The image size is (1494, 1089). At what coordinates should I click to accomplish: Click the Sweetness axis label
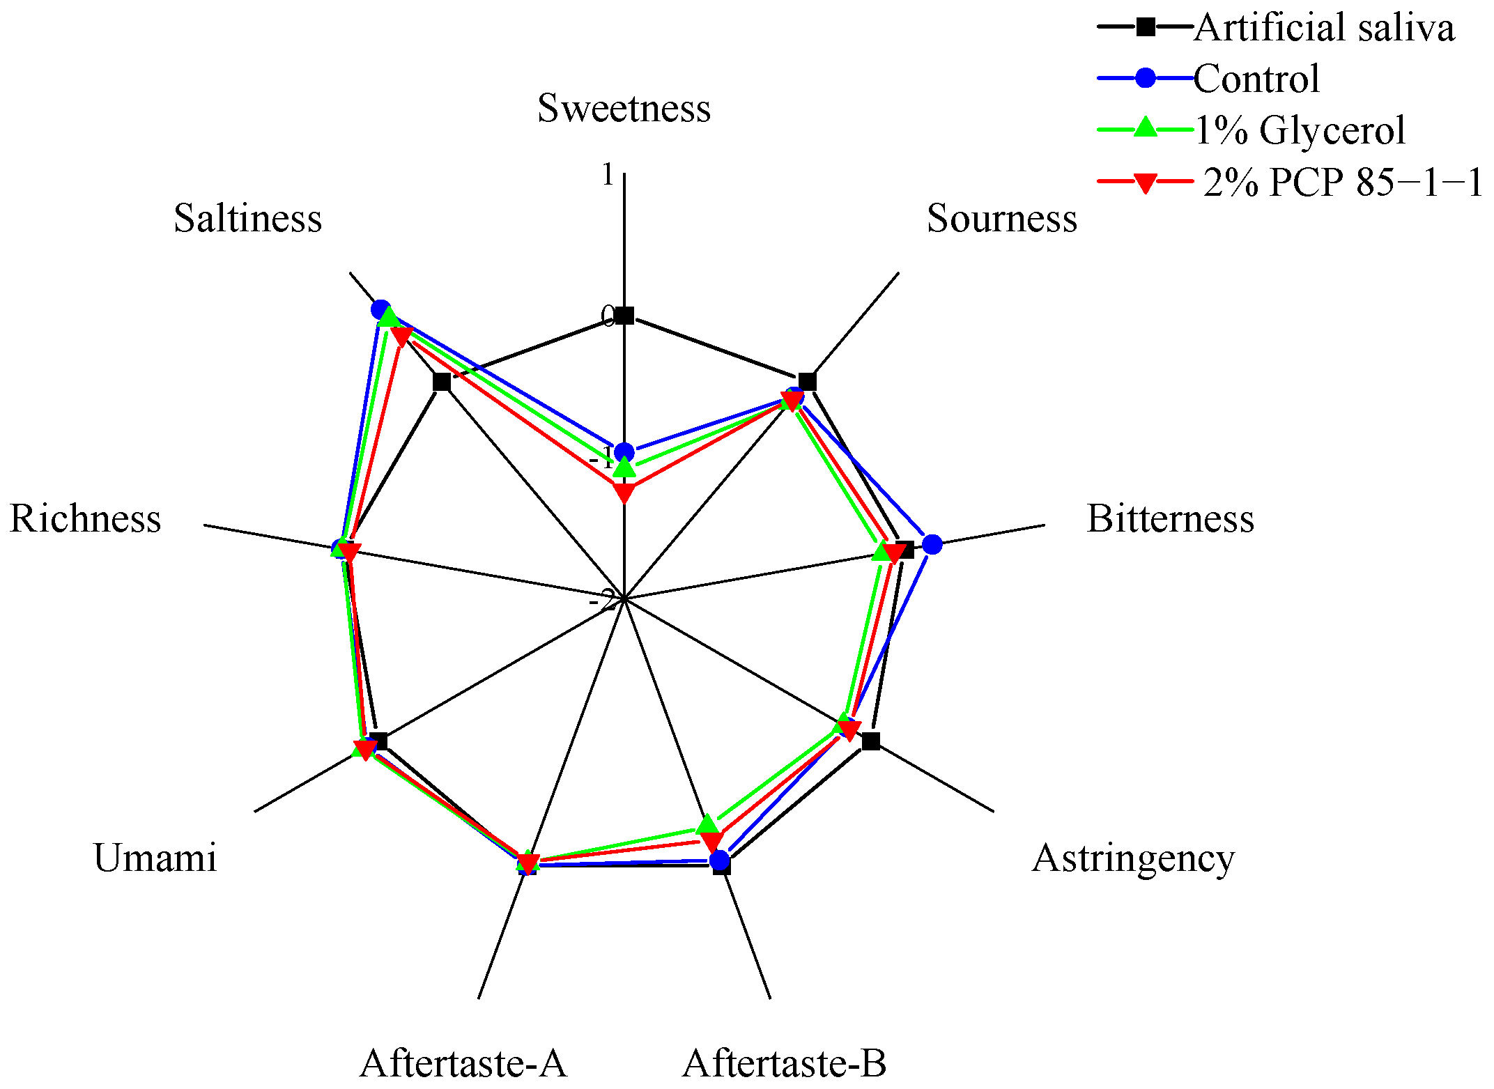tap(624, 109)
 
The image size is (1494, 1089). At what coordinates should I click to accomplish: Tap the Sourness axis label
tap(1001, 218)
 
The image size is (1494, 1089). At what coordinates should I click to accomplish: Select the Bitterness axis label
tap(1170, 518)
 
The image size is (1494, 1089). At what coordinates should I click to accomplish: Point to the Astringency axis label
tap(1133, 858)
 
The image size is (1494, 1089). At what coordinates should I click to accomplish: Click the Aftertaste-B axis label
tap(784, 1063)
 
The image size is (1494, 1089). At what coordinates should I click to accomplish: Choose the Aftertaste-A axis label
tap(463, 1063)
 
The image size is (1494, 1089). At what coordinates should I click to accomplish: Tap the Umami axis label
tap(155, 858)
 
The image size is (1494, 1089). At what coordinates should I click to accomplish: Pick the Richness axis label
tap(85, 518)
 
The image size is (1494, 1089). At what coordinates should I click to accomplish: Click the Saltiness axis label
tap(247, 218)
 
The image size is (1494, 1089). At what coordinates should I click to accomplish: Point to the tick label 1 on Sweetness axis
tap(608, 175)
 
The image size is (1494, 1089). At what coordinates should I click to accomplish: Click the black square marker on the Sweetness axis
tap(625, 316)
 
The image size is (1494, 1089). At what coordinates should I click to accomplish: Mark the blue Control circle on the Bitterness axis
tap(932, 544)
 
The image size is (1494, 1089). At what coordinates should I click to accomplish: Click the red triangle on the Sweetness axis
tap(624, 493)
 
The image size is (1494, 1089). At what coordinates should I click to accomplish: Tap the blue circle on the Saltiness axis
tap(380, 309)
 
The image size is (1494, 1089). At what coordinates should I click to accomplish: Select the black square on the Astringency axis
tap(870, 741)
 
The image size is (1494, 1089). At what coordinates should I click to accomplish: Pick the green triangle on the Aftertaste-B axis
tap(707, 825)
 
